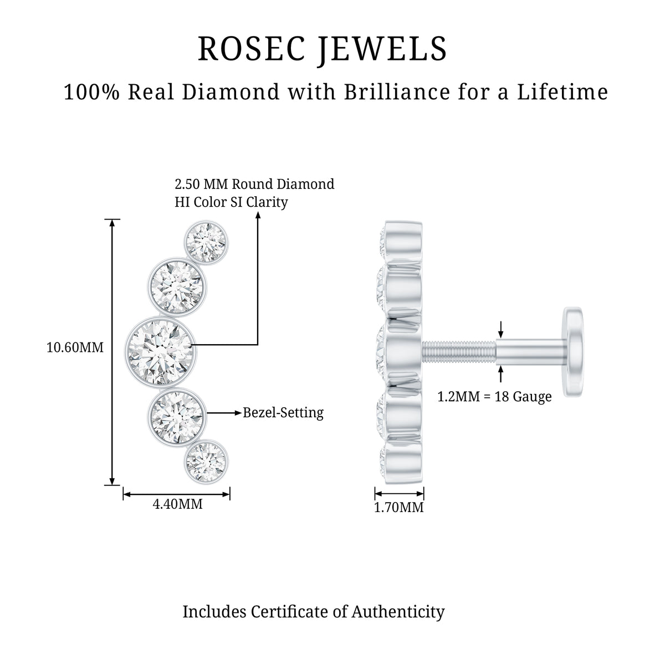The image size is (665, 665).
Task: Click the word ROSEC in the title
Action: tap(252, 49)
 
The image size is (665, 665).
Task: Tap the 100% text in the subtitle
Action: tap(92, 93)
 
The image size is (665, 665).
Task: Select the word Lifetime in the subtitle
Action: tap(562, 93)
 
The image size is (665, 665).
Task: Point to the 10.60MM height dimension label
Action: tap(75, 347)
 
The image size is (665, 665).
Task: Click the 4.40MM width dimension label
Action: tap(177, 504)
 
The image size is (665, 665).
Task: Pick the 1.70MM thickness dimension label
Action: tap(398, 508)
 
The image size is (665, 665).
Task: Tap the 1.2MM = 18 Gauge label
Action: tap(494, 397)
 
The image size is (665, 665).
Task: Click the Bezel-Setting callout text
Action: tap(283, 412)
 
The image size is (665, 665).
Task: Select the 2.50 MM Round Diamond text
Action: tap(254, 184)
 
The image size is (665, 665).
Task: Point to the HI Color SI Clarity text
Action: tap(231, 202)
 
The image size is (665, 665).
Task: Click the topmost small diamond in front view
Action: tap(206, 243)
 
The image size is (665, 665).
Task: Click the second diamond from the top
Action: tap(177, 287)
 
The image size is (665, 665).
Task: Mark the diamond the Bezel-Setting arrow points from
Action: tap(177, 417)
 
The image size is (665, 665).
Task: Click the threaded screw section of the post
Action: tap(459, 352)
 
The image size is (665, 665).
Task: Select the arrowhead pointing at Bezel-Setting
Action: tap(238, 413)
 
